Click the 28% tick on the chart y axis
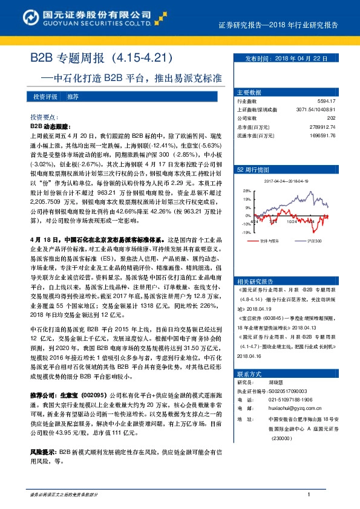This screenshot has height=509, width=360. [247, 190]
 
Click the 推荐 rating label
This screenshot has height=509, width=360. [73, 97]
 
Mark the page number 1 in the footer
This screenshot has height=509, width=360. [309, 494]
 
